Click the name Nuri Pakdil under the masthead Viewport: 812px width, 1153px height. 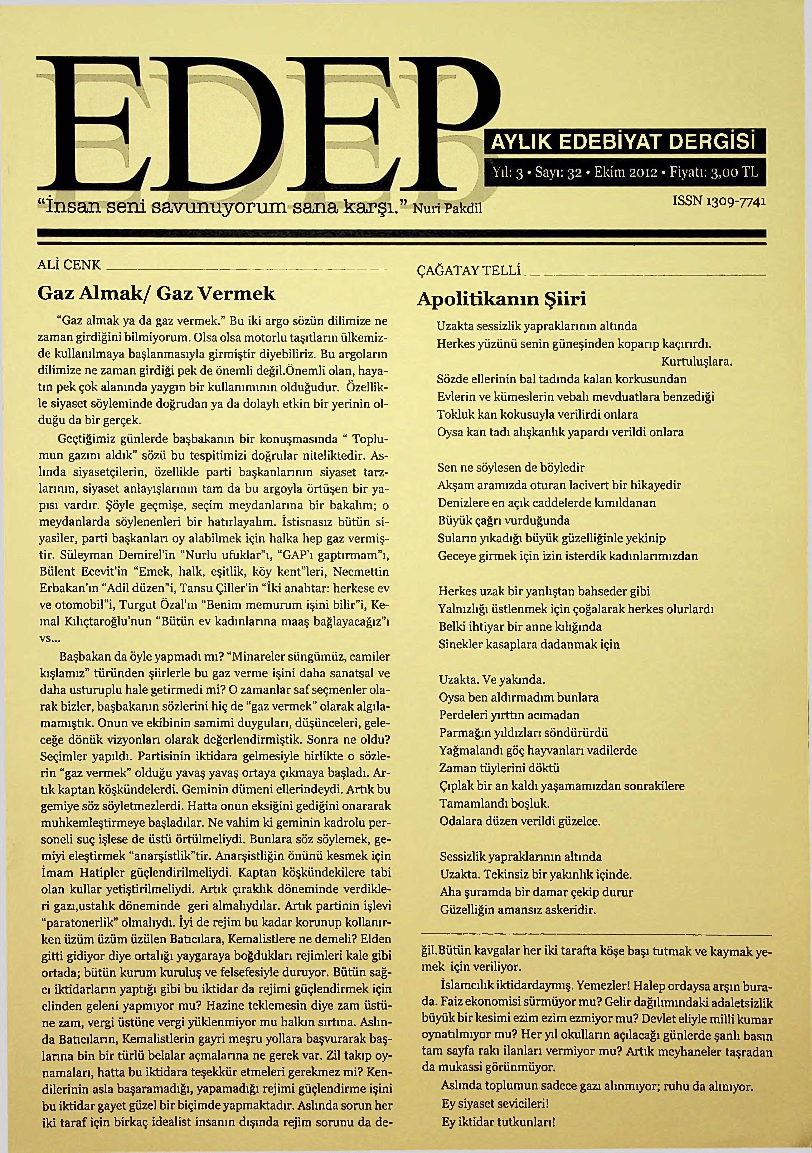pyautogui.click(x=447, y=208)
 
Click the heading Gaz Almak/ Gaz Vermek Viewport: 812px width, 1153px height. pyautogui.click(x=156, y=293)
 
